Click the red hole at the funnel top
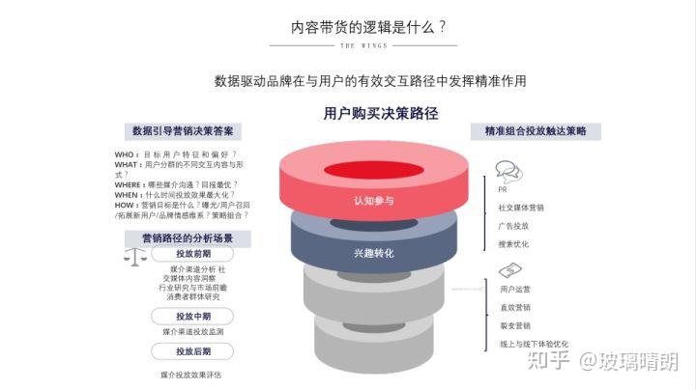[x=371, y=172]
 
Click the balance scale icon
[x=139, y=258]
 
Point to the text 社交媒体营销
[x=521, y=208]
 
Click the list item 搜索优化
[x=513, y=244]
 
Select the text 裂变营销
[x=513, y=325]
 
